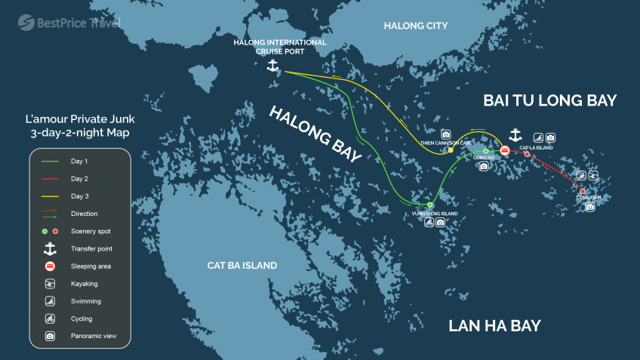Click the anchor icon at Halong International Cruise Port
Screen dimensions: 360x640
[273, 65]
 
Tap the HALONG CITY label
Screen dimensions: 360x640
[415, 26]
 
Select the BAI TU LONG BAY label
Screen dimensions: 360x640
[550, 100]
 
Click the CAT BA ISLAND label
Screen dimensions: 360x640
[242, 266]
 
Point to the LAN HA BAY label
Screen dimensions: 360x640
[494, 326]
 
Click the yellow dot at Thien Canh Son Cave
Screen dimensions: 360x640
[451, 150]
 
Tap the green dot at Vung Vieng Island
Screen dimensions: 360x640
[429, 205]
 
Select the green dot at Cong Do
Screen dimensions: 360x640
[485, 151]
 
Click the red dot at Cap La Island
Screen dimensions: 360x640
[527, 154]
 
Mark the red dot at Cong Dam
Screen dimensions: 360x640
[583, 191]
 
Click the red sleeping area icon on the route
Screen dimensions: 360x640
[504, 150]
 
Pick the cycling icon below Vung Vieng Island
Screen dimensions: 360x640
[429, 223]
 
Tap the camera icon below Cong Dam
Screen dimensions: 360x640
[590, 207]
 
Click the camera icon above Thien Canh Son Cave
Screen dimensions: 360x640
[445, 134]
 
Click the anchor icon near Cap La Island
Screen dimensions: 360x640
[515, 135]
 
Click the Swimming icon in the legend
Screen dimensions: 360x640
[50, 301]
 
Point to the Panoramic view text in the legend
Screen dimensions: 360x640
[94, 336]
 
